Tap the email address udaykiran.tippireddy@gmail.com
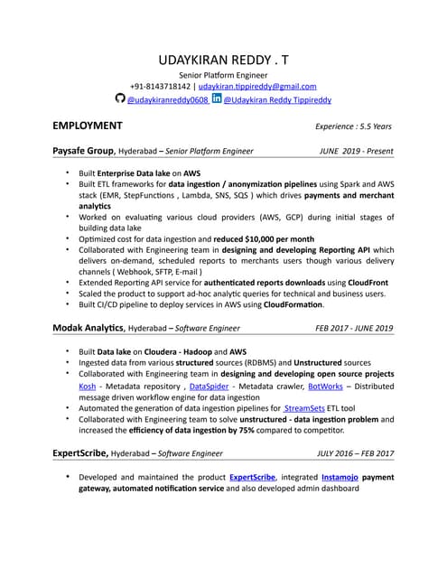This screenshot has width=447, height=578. pyautogui.click(x=257, y=87)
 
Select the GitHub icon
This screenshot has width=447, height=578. pyautogui.click(x=120, y=99)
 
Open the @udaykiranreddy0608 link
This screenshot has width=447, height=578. pyautogui.click(x=168, y=100)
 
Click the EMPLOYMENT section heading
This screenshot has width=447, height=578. pyautogui.click(x=88, y=126)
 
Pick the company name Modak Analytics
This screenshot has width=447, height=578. pyautogui.click(x=88, y=328)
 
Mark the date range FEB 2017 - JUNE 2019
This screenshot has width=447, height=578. pyautogui.click(x=347, y=328)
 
